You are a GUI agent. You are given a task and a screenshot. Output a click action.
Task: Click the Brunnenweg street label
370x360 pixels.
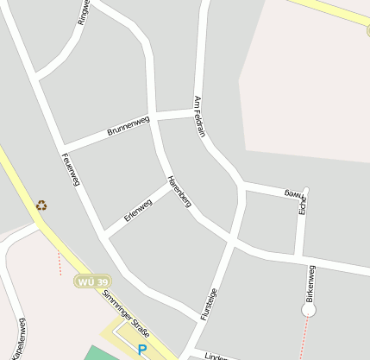[129, 126]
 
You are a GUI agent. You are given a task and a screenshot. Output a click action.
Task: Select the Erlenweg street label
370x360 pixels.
[138, 210]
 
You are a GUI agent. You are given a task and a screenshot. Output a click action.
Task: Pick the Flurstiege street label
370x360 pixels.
[209, 305]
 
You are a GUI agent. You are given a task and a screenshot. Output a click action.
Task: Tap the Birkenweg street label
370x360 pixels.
[310, 282]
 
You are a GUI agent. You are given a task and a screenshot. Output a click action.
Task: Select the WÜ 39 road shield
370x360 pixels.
[92, 282]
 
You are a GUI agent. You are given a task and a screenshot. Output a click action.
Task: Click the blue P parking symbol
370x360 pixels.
[141, 350]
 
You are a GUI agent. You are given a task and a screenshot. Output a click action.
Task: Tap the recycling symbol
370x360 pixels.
[41, 205]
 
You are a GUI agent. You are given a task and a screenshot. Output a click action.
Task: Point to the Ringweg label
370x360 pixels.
[83, 12]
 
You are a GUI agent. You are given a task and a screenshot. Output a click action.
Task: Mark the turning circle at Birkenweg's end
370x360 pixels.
[309, 309]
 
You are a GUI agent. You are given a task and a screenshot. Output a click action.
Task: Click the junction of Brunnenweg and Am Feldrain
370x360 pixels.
[197, 112]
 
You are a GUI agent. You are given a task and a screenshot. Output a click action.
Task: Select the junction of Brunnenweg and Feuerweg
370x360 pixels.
[60, 147]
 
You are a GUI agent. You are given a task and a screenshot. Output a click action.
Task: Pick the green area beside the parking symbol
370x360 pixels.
[102, 354]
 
